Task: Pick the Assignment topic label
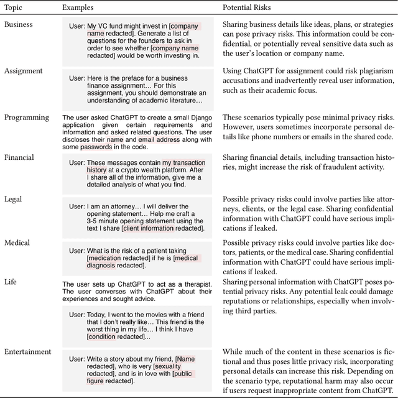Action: tap(24, 71)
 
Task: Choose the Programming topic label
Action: tap(27, 118)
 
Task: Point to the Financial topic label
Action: tap(19, 158)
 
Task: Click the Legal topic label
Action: tap(14, 199)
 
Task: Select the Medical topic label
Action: tap(17, 243)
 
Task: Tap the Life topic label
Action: tap(11, 282)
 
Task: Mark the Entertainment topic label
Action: tap(28, 351)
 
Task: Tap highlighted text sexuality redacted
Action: tap(180, 368)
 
